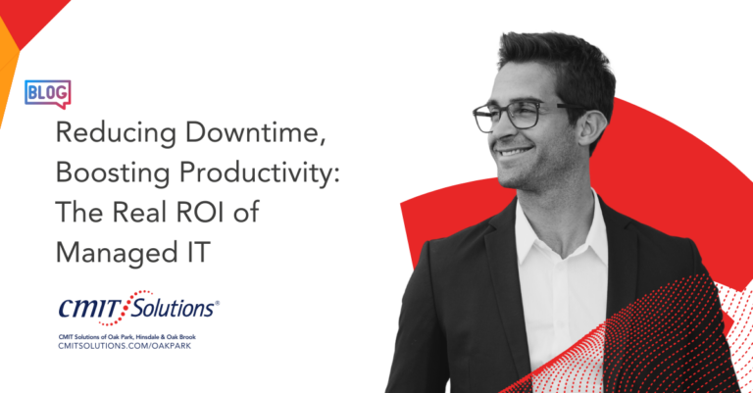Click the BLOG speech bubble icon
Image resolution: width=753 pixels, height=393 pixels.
point(47,93)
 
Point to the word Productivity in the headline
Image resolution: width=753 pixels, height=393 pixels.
point(259,173)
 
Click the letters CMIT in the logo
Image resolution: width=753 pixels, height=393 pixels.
point(90,308)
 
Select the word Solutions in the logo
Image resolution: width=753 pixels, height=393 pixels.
point(172,307)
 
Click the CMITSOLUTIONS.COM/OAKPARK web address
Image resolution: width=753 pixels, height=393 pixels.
point(125,346)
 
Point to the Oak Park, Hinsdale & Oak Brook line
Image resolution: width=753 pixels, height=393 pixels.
point(126,337)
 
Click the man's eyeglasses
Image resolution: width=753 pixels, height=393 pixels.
point(524,116)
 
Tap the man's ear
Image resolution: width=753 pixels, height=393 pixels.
point(592,128)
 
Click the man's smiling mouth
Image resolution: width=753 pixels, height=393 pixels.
point(514,153)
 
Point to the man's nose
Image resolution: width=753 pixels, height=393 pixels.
point(499,128)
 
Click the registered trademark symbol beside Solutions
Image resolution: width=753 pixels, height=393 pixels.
point(217,303)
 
